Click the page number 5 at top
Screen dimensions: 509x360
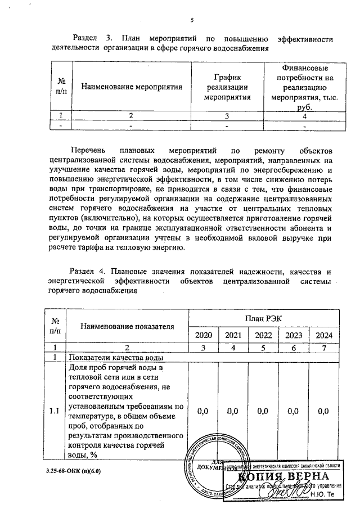[x=192, y=21]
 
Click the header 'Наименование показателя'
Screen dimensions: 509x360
[x=127, y=326]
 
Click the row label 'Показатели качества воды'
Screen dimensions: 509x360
[x=116, y=357]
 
